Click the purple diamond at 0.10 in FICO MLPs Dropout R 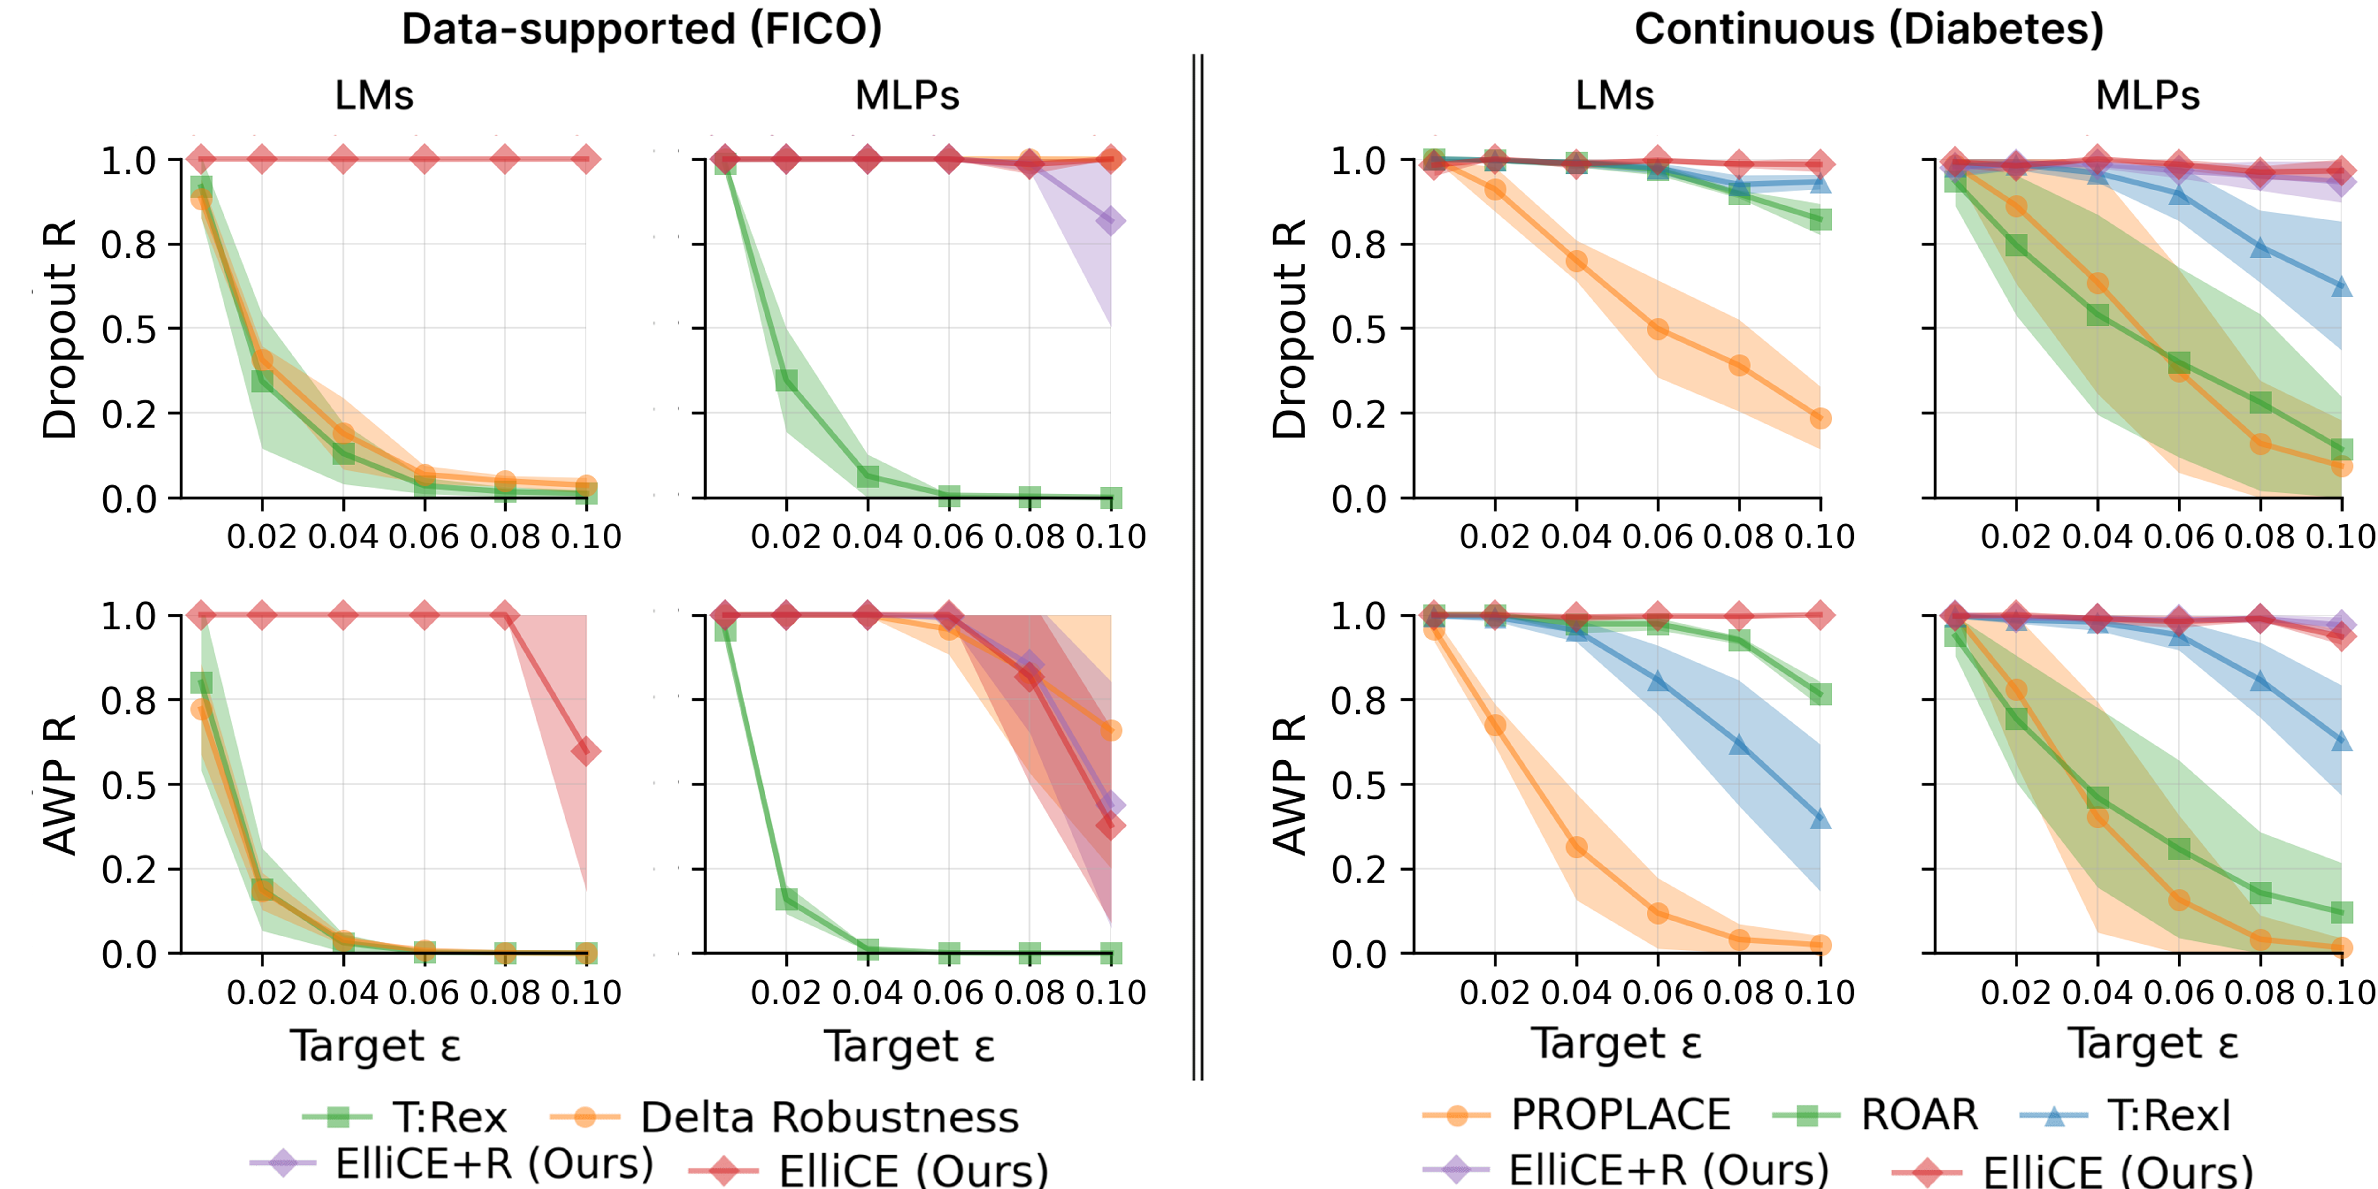pos(1111,221)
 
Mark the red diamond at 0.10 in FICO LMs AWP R pos(585,751)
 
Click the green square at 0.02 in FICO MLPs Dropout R pos(786,379)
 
